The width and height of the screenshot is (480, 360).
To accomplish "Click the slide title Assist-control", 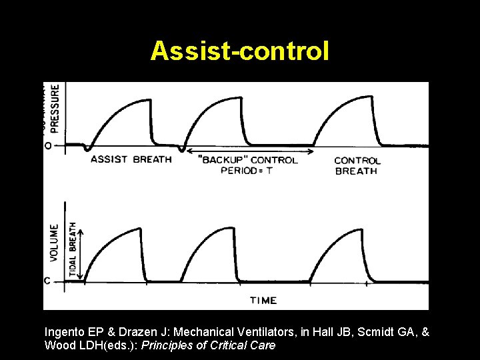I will pos(239,51).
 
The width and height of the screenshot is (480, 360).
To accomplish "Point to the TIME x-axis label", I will pos(263,300).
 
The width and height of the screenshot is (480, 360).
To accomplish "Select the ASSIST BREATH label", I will pos(131,159).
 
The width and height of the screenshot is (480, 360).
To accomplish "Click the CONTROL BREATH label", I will pos(357,165).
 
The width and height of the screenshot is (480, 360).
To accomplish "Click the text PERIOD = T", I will pos(247,171).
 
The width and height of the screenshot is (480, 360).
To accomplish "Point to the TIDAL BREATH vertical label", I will pos(73,251).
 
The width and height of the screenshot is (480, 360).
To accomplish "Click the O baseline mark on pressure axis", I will pos(47,145).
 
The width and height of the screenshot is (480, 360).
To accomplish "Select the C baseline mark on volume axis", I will pos(47,281).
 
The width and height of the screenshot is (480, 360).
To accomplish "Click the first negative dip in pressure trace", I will pos(87,148).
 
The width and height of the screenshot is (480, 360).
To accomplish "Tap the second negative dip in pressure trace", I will pos(182,148).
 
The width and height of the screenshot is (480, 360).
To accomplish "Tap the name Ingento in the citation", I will pos(66,331).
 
